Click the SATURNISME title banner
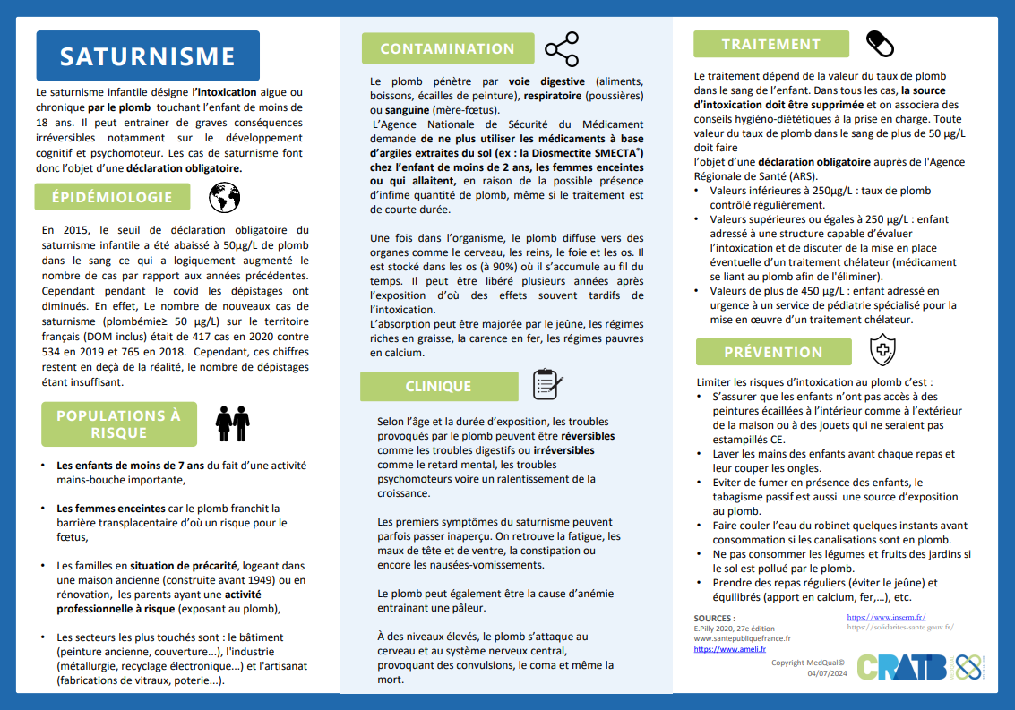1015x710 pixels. point(148,56)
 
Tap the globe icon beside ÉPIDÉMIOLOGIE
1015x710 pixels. point(224,197)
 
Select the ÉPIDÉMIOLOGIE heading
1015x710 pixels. point(112,197)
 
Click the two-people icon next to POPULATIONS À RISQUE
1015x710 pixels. point(232,423)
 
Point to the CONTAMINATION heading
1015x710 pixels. point(447,49)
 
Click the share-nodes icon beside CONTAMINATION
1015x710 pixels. point(562,49)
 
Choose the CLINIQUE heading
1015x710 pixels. point(438,387)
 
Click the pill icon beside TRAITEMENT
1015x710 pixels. point(881,43)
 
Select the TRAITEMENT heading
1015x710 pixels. point(771,44)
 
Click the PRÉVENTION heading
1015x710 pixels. point(773,352)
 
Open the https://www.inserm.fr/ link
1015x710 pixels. point(886,617)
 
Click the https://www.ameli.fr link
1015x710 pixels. point(729,649)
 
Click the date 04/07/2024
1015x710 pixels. point(825,673)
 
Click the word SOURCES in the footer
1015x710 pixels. point(714,618)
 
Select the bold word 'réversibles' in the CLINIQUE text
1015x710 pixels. point(588,435)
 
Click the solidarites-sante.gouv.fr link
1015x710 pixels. point(899,628)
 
